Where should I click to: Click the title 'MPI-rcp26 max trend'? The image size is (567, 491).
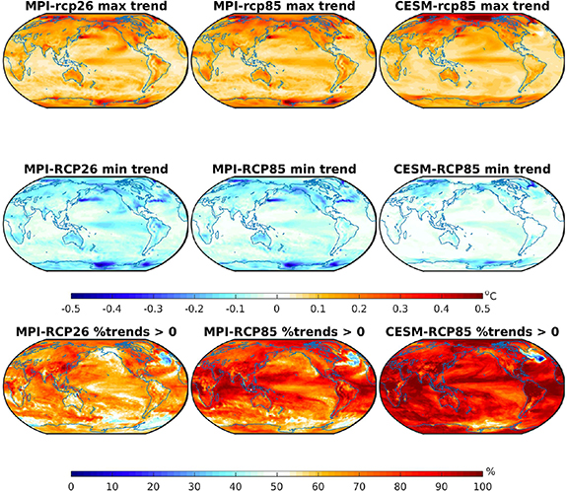(96, 6)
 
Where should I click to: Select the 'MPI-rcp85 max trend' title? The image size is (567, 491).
(284, 6)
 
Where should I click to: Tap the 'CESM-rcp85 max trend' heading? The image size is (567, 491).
(472, 6)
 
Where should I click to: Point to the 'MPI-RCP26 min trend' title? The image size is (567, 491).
(96, 169)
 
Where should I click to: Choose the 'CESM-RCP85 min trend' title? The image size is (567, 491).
(472, 169)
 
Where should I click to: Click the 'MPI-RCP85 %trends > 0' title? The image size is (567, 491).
(284, 331)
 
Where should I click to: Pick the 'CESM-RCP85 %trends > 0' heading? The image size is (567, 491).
(472, 331)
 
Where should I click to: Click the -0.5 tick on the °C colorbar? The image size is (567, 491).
(71, 310)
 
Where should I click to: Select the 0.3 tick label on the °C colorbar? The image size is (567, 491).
(400, 310)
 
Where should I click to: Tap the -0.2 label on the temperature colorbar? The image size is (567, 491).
(194, 310)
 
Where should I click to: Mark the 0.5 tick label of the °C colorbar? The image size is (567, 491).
(483, 310)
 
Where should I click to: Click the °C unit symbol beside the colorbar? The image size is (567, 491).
(491, 296)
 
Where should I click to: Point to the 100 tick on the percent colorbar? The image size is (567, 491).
(483, 486)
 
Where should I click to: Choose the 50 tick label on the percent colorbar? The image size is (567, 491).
(277, 486)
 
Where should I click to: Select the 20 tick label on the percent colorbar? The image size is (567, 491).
(153, 486)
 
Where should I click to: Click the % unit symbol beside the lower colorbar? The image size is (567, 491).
(490, 472)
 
